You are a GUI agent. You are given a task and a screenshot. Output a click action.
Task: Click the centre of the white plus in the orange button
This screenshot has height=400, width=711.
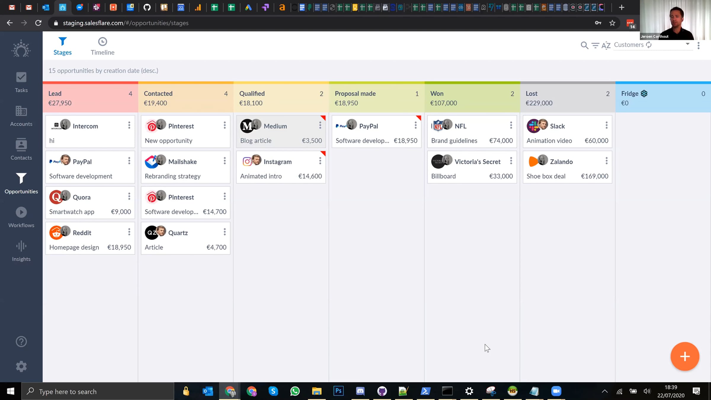click(685, 356)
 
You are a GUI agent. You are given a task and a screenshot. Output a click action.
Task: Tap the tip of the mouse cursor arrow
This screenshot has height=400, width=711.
click(485, 344)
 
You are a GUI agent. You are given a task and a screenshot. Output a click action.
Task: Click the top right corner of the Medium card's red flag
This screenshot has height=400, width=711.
click(326, 116)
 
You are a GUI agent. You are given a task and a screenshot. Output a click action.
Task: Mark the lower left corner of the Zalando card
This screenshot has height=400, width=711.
click(523, 183)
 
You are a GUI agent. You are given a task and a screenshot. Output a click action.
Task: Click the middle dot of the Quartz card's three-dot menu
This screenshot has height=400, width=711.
click(225, 232)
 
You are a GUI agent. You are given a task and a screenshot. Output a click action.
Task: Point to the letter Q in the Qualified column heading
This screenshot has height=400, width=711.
click(242, 94)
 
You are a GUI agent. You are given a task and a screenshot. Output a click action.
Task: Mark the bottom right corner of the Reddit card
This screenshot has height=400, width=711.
click(135, 254)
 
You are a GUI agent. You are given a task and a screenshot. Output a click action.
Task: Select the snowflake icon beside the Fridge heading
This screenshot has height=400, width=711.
click(644, 94)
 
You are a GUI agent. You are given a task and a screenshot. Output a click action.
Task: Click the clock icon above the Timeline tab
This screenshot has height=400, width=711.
click(103, 41)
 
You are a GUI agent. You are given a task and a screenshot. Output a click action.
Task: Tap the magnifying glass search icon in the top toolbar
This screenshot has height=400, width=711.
click(584, 45)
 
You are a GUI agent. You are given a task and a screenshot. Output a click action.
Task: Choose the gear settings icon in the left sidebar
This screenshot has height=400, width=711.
click(21, 367)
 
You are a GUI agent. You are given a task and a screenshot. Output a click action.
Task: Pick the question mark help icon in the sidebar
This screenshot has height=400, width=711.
click(21, 342)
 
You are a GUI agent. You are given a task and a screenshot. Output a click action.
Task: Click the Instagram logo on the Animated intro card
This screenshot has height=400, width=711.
click(247, 161)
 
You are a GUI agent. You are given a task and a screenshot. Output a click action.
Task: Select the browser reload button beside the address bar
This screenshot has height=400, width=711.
click(38, 23)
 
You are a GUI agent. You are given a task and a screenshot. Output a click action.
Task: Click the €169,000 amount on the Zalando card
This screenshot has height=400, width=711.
click(595, 176)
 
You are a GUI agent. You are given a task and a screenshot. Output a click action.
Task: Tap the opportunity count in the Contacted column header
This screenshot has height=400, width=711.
click(226, 94)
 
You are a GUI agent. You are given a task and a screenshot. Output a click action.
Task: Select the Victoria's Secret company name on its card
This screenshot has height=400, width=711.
click(478, 161)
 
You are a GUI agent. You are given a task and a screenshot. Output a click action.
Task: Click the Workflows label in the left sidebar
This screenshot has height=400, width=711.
click(21, 225)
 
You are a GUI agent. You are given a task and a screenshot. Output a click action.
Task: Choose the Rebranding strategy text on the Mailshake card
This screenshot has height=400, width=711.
click(173, 176)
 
